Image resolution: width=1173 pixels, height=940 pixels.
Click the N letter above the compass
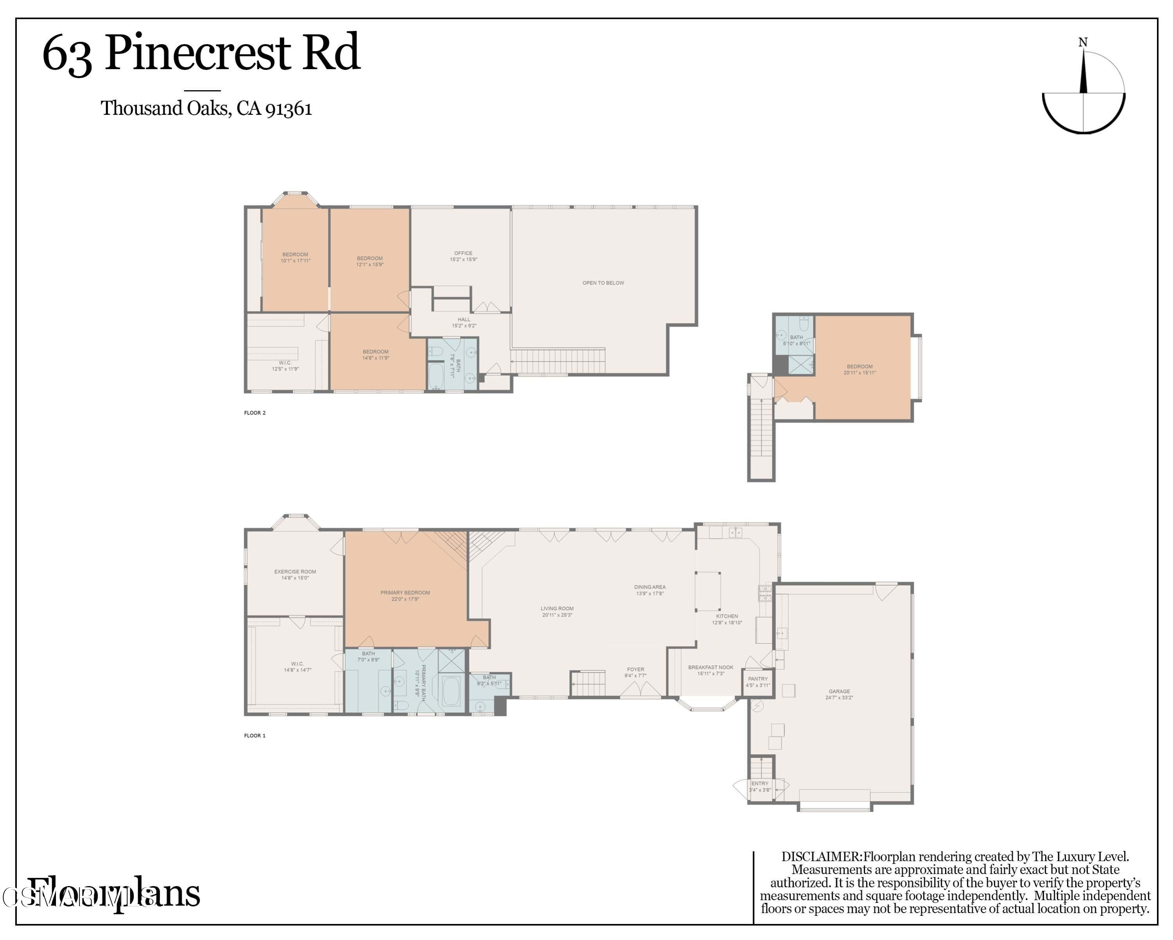[1083, 43]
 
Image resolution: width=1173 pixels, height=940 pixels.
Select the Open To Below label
[603, 283]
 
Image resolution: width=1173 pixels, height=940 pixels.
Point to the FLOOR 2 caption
[255, 413]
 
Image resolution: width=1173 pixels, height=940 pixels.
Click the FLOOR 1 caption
[255, 736]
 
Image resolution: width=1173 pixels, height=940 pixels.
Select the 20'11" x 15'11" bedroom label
[860, 369]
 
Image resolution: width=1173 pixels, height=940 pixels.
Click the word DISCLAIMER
[821, 856]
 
